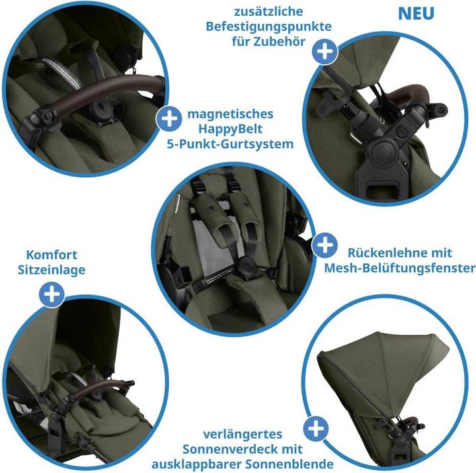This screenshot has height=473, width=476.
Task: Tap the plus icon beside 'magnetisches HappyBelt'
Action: pyautogui.click(x=169, y=119)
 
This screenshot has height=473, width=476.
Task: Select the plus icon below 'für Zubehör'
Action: pyautogui.click(x=324, y=51)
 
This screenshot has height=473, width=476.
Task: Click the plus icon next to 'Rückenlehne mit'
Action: pyautogui.click(x=324, y=246)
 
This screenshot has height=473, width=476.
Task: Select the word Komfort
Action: pyautogui.click(x=52, y=255)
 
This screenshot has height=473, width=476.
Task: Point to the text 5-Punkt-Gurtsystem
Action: pyautogui.click(x=230, y=143)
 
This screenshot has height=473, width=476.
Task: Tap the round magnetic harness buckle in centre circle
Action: pyautogui.click(x=246, y=268)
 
